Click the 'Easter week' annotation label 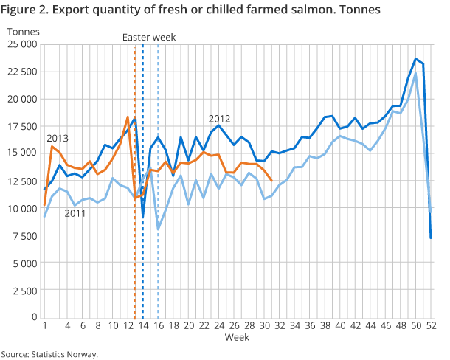[x=150, y=37]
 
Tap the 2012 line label [x=219, y=119]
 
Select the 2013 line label [x=58, y=138]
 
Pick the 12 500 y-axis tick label [x=21, y=181]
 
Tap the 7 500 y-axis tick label [x=24, y=235]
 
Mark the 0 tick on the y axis [x=33, y=317]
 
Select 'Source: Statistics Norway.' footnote [x=49, y=354]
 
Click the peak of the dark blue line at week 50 [x=415, y=59]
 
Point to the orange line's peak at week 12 [x=128, y=117]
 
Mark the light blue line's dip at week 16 [x=158, y=229]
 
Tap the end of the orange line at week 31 [x=271, y=181]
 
